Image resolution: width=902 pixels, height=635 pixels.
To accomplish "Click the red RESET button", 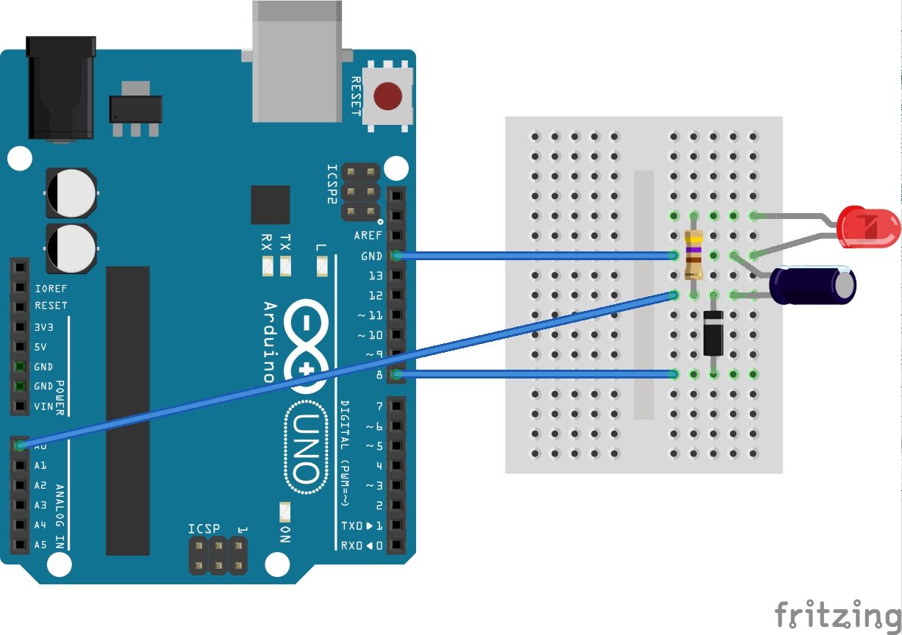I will click(387, 96).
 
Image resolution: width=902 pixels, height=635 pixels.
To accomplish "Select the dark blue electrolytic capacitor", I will click(813, 286).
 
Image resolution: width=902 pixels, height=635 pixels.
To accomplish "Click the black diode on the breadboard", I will click(713, 333).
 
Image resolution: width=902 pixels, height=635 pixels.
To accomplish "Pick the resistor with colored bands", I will click(693, 255).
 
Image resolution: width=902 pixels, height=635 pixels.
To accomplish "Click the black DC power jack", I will click(60, 88).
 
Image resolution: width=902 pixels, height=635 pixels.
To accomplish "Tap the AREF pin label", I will click(368, 236).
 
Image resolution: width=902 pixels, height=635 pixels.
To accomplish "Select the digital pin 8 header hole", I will click(397, 376).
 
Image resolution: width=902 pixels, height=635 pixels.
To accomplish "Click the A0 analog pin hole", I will click(20, 445).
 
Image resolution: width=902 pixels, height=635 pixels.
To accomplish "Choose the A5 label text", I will click(40, 545).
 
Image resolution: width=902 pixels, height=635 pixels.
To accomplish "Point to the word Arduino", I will click(270, 342).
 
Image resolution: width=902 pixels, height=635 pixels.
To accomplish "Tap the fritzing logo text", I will click(837, 614).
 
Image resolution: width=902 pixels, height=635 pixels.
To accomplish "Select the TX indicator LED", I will click(286, 266).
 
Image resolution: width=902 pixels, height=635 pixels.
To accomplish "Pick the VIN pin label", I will click(44, 406).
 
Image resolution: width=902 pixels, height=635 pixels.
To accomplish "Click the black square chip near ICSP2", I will click(270, 204).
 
